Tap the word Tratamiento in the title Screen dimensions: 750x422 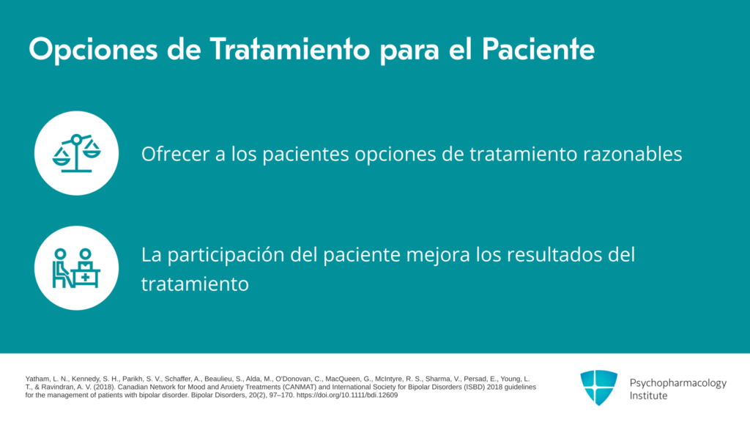[x=290, y=49]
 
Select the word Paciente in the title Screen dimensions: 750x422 [x=538, y=49]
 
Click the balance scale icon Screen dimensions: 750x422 [x=76, y=153]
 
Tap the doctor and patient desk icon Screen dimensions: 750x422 [x=76, y=268]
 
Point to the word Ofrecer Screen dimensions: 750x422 [x=175, y=154]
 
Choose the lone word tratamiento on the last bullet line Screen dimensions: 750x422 [x=195, y=284]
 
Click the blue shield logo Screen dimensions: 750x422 [x=598, y=388]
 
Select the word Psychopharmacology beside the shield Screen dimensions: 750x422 [x=677, y=383]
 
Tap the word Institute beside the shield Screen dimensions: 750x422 [x=648, y=396]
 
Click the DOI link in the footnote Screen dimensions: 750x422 [x=346, y=395]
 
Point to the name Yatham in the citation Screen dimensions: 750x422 [x=37, y=379]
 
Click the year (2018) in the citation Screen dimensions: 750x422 [x=104, y=387]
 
